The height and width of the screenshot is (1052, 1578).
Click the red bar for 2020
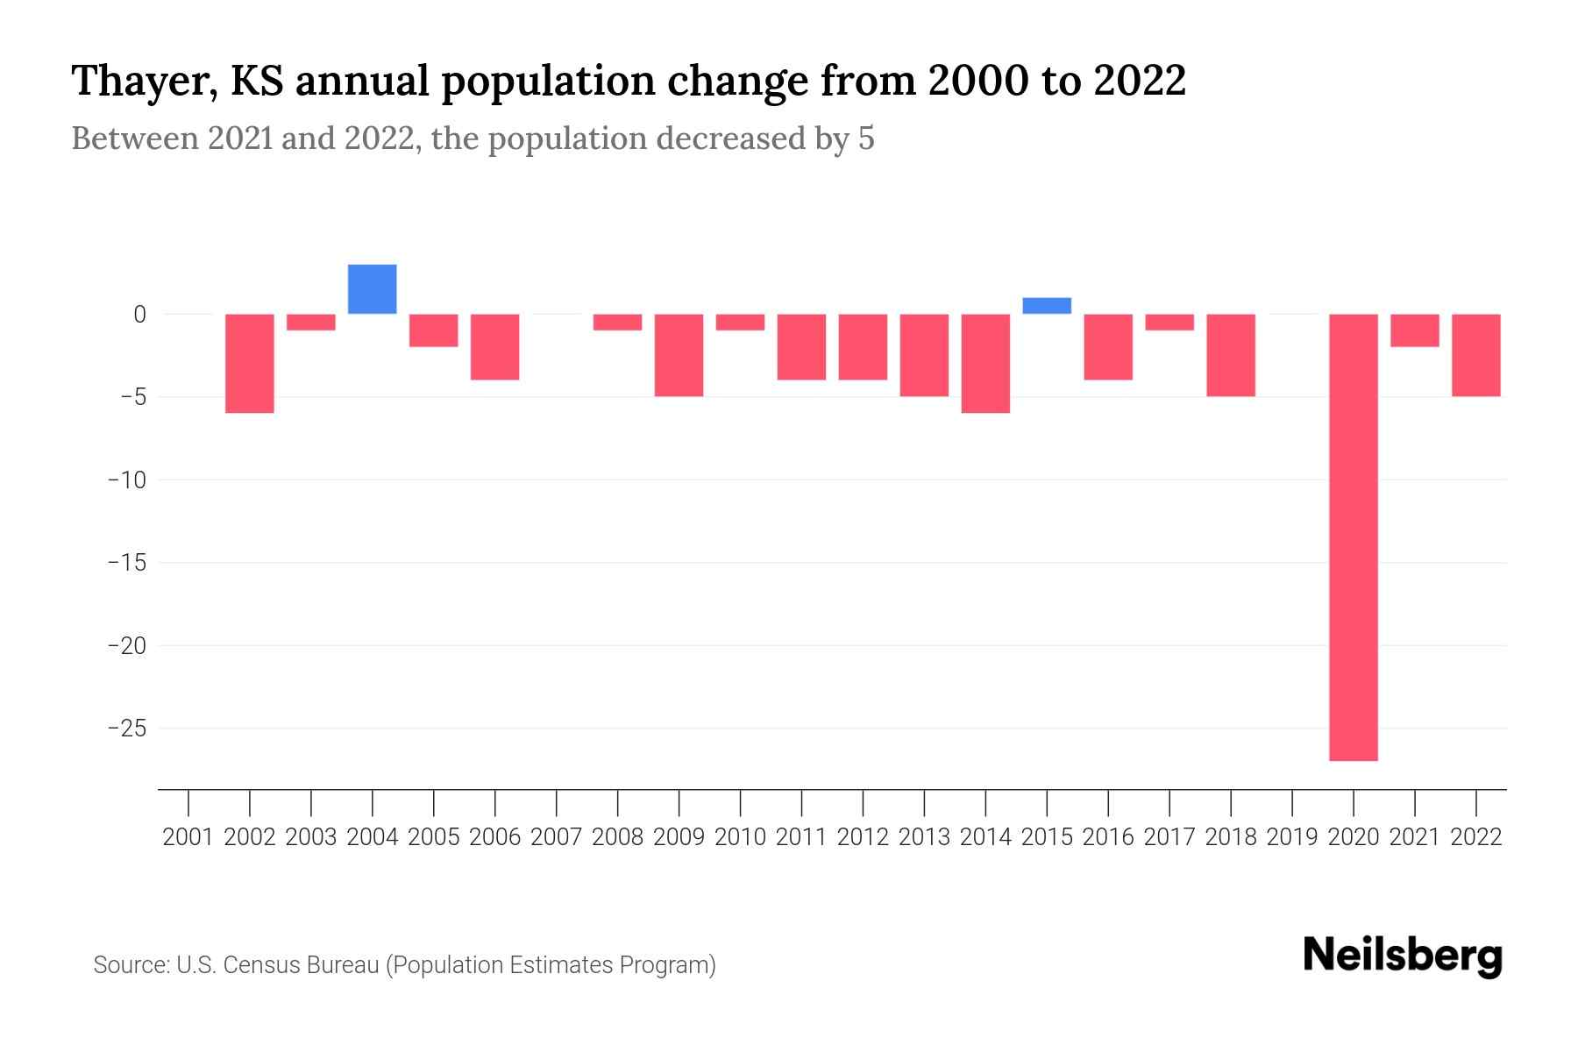(x=1354, y=537)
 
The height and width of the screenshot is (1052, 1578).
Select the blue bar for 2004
(x=373, y=289)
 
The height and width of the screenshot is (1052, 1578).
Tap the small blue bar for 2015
(x=1047, y=306)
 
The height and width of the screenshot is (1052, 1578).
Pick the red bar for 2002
(x=250, y=363)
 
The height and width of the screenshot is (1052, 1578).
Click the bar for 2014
(x=985, y=363)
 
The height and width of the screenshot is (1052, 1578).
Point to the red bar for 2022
(x=1476, y=355)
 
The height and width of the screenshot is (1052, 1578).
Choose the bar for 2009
(x=679, y=355)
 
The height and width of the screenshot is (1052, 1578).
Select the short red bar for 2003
(x=311, y=322)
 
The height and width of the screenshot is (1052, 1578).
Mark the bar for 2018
(x=1231, y=355)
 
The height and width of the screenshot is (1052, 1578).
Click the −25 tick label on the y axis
(x=126, y=729)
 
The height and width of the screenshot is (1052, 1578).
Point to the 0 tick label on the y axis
(x=139, y=314)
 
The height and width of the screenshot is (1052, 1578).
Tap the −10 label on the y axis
(x=126, y=480)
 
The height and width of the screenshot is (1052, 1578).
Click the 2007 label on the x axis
(x=557, y=837)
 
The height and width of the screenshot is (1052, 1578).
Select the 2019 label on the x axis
(x=1292, y=837)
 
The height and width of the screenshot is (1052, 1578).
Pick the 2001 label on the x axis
(x=188, y=837)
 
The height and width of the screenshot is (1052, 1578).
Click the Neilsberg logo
(x=1403, y=956)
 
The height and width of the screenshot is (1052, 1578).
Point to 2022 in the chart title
(x=1140, y=81)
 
